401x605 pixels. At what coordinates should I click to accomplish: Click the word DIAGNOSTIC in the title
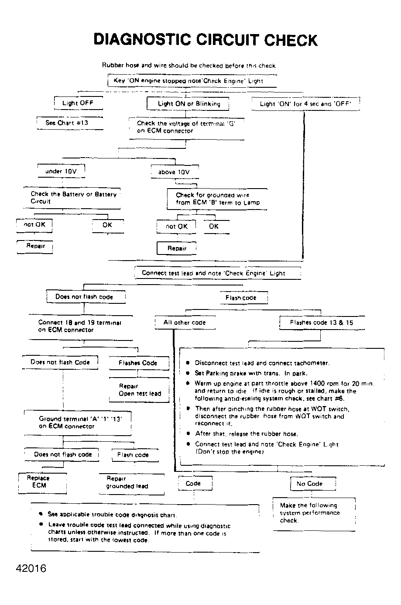pyautogui.click(x=143, y=40)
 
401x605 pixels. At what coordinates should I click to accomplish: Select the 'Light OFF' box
pyautogui.click(x=78, y=103)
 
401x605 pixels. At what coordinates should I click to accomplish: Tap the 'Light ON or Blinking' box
pyautogui.click(x=189, y=103)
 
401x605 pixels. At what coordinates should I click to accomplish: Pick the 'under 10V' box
pyautogui.click(x=61, y=171)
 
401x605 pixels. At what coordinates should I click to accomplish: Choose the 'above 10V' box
pyautogui.click(x=174, y=172)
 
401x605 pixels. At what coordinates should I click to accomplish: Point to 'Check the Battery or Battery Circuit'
pyautogui.click(x=73, y=198)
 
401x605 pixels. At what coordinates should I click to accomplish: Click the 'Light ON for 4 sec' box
pyautogui.click(x=305, y=103)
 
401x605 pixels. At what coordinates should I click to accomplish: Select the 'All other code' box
pyautogui.click(x=184, y=323)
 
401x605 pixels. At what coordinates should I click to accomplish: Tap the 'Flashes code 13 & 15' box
pyautogui.click(x=322, y=323)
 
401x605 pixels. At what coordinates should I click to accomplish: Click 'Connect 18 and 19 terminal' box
pyautogui.click(x=79, y=326)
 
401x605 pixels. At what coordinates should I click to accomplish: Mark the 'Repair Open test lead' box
pyautogui.click(x=139, y=390)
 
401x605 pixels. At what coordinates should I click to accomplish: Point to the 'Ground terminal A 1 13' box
pyautogui.click(x=79, y=422)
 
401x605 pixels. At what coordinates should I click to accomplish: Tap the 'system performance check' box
pyautogui.click(x=313, y=513)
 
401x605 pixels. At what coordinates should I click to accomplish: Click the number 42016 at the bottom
pyautogui.click(x=31, y=568)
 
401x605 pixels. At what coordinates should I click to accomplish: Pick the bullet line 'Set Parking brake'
pyautogui.click(x=251, y=373)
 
